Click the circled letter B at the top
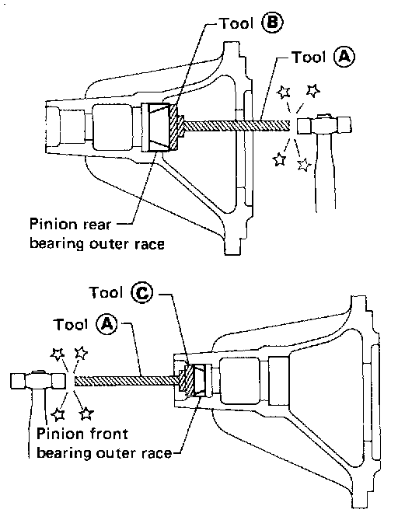(272, 23)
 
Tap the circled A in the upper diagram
(344, 57)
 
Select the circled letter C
(141, 292)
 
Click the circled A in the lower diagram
(106, 324)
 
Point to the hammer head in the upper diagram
(324, 124)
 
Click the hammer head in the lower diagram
(37, 381)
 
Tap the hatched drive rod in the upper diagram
(237, 125)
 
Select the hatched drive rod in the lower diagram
(127, 381)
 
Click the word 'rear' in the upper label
(97, 225)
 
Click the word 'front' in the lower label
(107, 434)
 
